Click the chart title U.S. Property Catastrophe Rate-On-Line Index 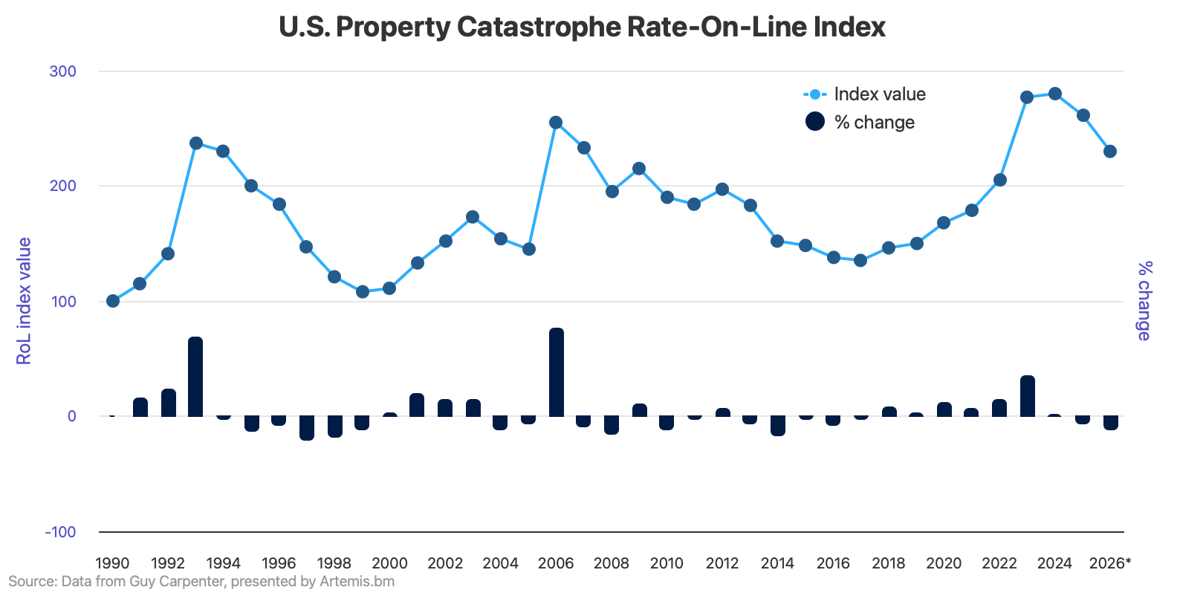582,27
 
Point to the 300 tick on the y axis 63,71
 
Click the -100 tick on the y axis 61,532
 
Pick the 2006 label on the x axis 556,563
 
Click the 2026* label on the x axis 1109,563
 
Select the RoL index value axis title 25,301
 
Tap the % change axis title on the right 1144,301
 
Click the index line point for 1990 113,301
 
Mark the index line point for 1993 196,143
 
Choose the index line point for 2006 556,123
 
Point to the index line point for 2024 1054,94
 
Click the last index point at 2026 1110,152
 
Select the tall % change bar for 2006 557,372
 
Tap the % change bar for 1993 195,377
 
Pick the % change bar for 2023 1028,396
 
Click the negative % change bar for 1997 307,428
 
